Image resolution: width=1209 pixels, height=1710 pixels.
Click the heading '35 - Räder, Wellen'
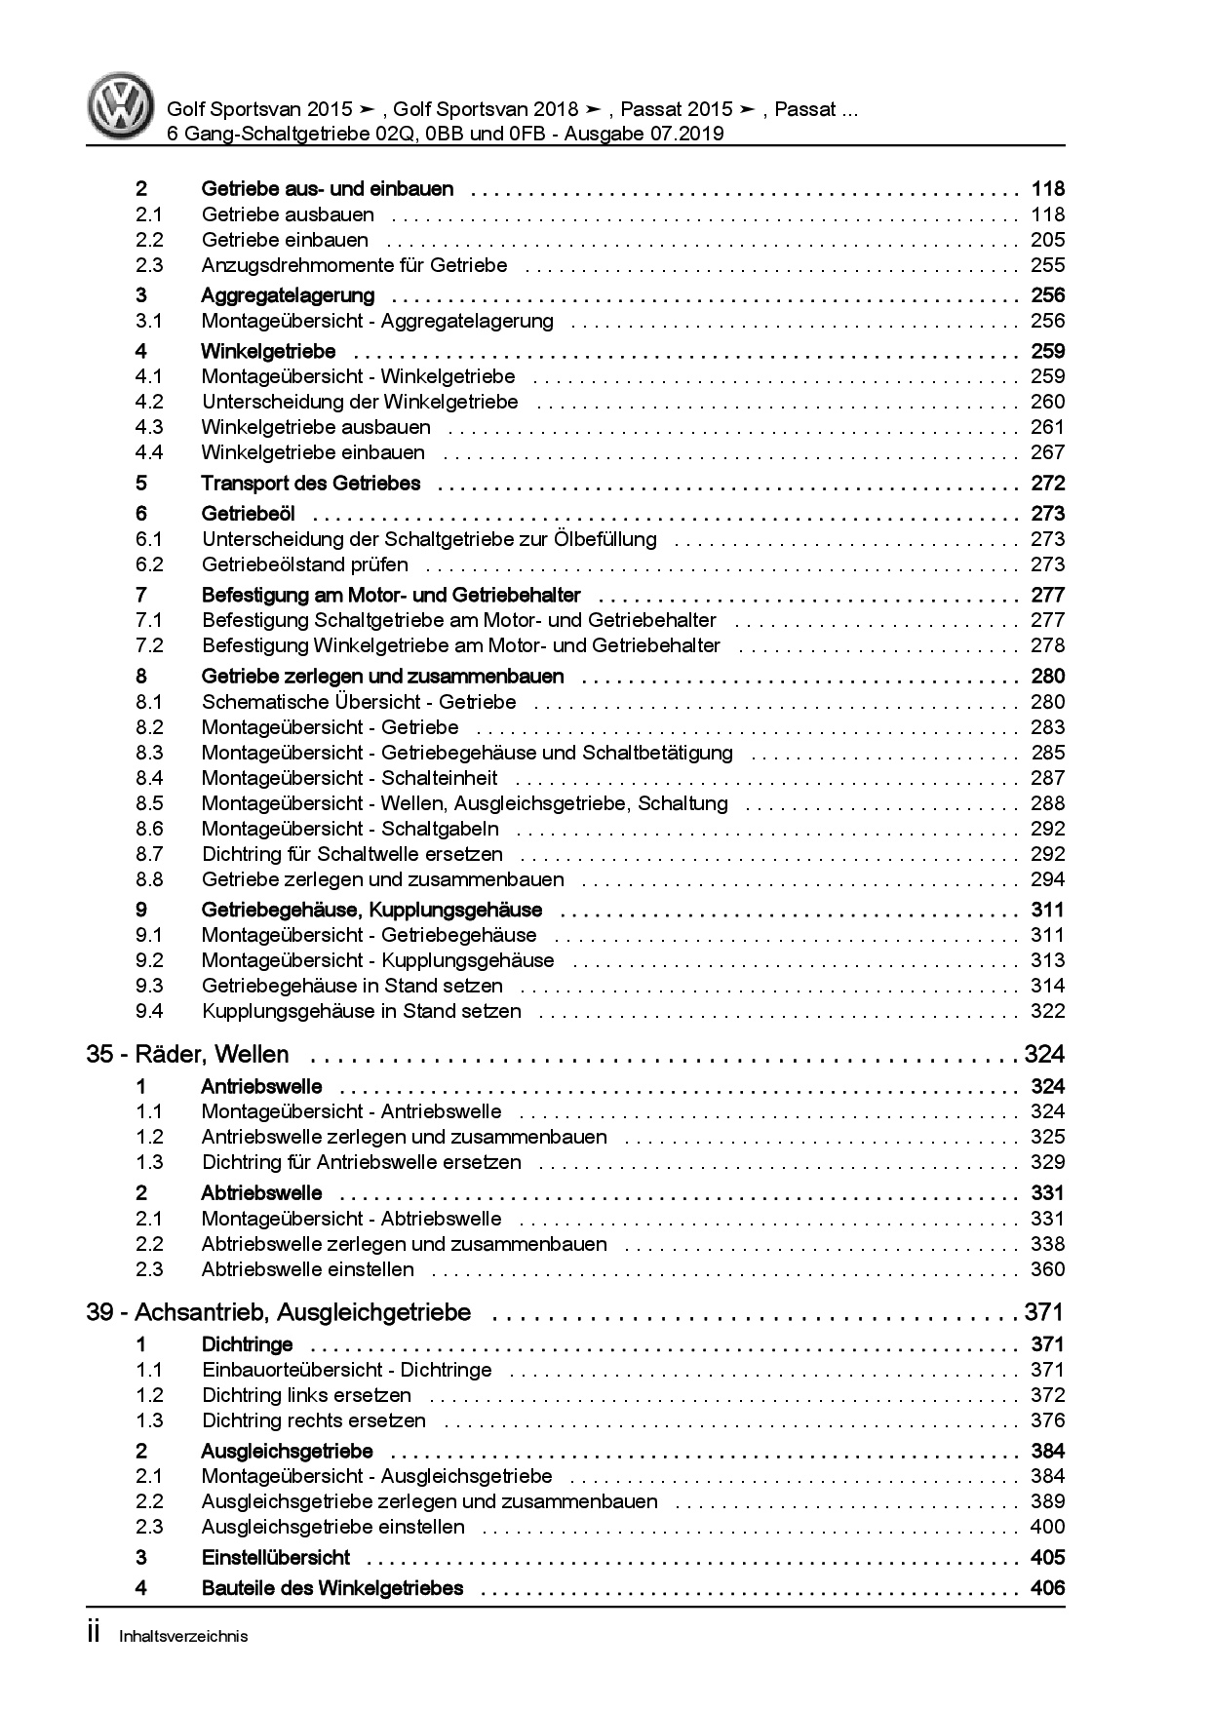(x=187, y=1054)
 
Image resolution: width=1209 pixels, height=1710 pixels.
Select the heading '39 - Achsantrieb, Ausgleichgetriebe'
(x=278, y=1312)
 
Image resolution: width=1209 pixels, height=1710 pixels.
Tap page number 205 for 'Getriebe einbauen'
(x=1047, y=240)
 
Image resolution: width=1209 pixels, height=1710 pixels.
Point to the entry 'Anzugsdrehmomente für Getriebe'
(x=354, y=265)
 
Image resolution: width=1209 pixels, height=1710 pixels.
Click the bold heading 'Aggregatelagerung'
(x=288, y=295)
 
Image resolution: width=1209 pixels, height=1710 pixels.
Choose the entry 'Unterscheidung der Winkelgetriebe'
(x=360, y=402)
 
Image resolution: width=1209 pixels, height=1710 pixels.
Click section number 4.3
(x=149, y=427)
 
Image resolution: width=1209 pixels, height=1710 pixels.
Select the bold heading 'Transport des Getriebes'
(x=311, y=483)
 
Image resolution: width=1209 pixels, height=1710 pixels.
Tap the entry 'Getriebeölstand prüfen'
(x=305, y=564)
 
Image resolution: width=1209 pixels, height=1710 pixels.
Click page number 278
(x=1047, y=645)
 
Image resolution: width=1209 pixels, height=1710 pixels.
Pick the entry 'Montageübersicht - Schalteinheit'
(x=349, y=778)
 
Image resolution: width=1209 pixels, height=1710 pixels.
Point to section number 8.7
(x=149, y=854)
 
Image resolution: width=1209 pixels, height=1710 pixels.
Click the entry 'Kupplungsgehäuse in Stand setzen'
(x=362, y=1011)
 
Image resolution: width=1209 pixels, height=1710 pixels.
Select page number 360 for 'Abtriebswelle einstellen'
(x=1047, y=1269)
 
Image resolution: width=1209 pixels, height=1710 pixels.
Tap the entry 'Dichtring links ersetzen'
(x=306, y=1395)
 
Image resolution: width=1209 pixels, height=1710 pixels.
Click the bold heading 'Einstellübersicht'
(x=276, y=1557)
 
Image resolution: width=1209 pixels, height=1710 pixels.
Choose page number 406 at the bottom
(x=1047, y=1588)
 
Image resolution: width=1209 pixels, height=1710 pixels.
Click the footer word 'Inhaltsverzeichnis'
(x=183, y=1636)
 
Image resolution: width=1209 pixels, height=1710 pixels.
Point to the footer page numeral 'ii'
(x=94, y=1634)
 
